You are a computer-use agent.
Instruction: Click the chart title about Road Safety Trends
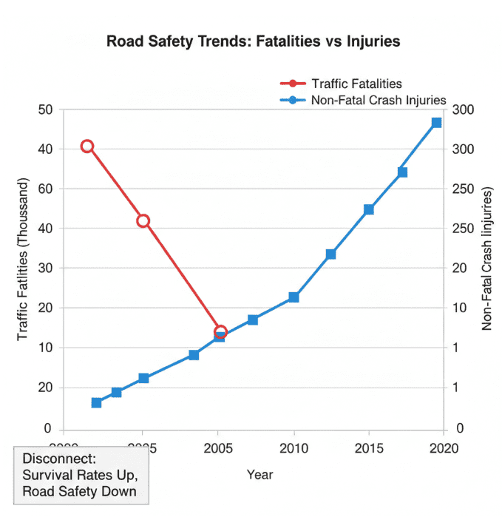[254, 41]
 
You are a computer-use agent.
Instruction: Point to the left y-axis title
[23, 260]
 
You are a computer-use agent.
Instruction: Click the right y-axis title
[487, 258]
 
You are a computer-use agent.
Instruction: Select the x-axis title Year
[260, 474]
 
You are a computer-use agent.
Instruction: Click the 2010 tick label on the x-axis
[294, 448]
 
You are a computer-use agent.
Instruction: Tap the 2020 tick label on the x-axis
[444, 448]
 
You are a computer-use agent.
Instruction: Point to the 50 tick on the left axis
[46, 109]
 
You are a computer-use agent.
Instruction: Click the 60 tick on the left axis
[46, 189]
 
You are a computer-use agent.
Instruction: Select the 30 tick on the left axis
[46, 269]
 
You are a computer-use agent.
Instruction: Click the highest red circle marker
[87, 146]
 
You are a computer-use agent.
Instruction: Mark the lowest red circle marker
[220, 332]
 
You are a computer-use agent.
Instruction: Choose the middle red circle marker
[143, 220]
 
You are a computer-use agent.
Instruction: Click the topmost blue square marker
[436, 123]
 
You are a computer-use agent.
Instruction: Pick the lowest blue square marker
[97, 403]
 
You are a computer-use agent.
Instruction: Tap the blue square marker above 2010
[294, 297]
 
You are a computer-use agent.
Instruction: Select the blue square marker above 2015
[369, 209]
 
